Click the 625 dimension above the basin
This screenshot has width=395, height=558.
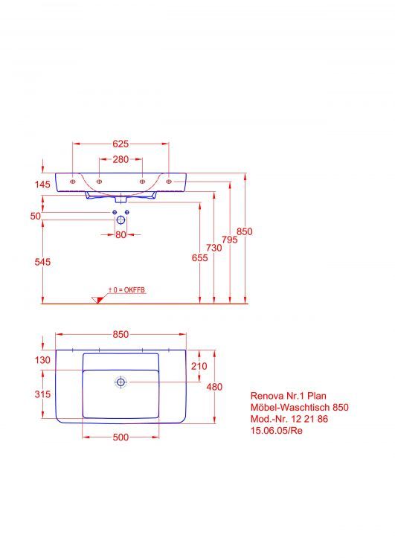click(x=121, y=144)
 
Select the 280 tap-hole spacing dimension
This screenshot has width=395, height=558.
click(x=121, y=159)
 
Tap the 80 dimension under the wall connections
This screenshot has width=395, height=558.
click(x=121, y=235)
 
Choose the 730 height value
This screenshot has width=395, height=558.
click(x=214, y=248)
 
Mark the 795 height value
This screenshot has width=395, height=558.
click(x=229, y=240)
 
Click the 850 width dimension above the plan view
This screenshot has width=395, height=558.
click(x=121, y=335)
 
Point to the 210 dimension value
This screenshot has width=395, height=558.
click(x=199, y=366)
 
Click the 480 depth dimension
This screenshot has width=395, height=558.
click(x=214, y=386)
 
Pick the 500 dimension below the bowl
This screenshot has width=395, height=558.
click(x=121, y=437)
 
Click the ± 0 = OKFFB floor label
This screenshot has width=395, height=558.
click(x=126, y=289)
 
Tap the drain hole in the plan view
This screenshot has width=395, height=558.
click(x=121, y=382)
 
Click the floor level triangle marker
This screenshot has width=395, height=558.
click(x=96, y=299)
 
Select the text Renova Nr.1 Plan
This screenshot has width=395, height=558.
click(x=288, y=396)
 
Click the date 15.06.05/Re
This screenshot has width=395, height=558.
click(x=277, y=431)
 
